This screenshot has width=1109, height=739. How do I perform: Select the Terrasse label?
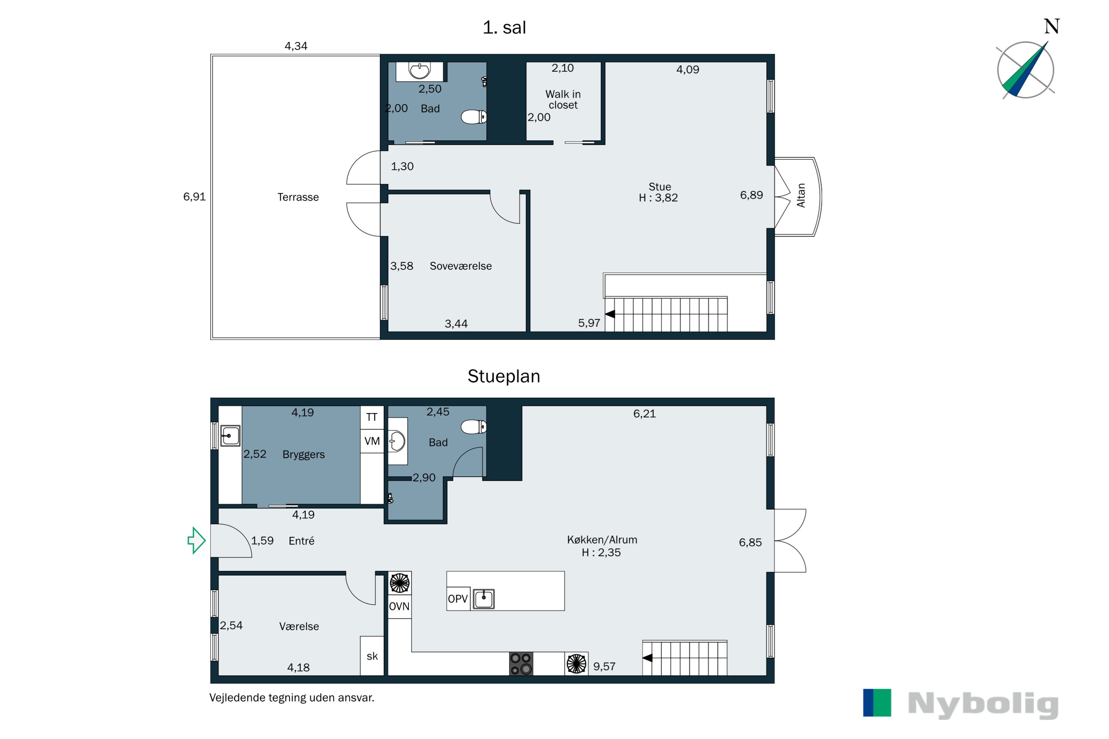click(298, 197)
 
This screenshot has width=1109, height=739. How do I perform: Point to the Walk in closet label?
click(563, 99)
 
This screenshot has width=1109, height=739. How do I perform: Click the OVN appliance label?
click(399, 607)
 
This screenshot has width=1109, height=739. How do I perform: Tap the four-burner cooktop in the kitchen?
click(521, 664)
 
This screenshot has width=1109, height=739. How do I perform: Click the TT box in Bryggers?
click(372, 417)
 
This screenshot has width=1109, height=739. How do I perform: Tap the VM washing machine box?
click(372, 441)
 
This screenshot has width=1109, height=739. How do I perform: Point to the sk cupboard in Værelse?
click(372, 656)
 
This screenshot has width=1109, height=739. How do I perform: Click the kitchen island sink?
click(483, 599)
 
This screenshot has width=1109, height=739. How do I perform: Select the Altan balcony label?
click(801, 195)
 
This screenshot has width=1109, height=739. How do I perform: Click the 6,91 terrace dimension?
click(195, 197)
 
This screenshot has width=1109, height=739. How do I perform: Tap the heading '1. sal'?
click(504, 27)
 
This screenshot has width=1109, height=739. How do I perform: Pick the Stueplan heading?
click(503, 377)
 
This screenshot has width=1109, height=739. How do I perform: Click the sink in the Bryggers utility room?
click(230, 436)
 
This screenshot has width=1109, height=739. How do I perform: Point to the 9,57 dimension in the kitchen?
click(604, 667)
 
